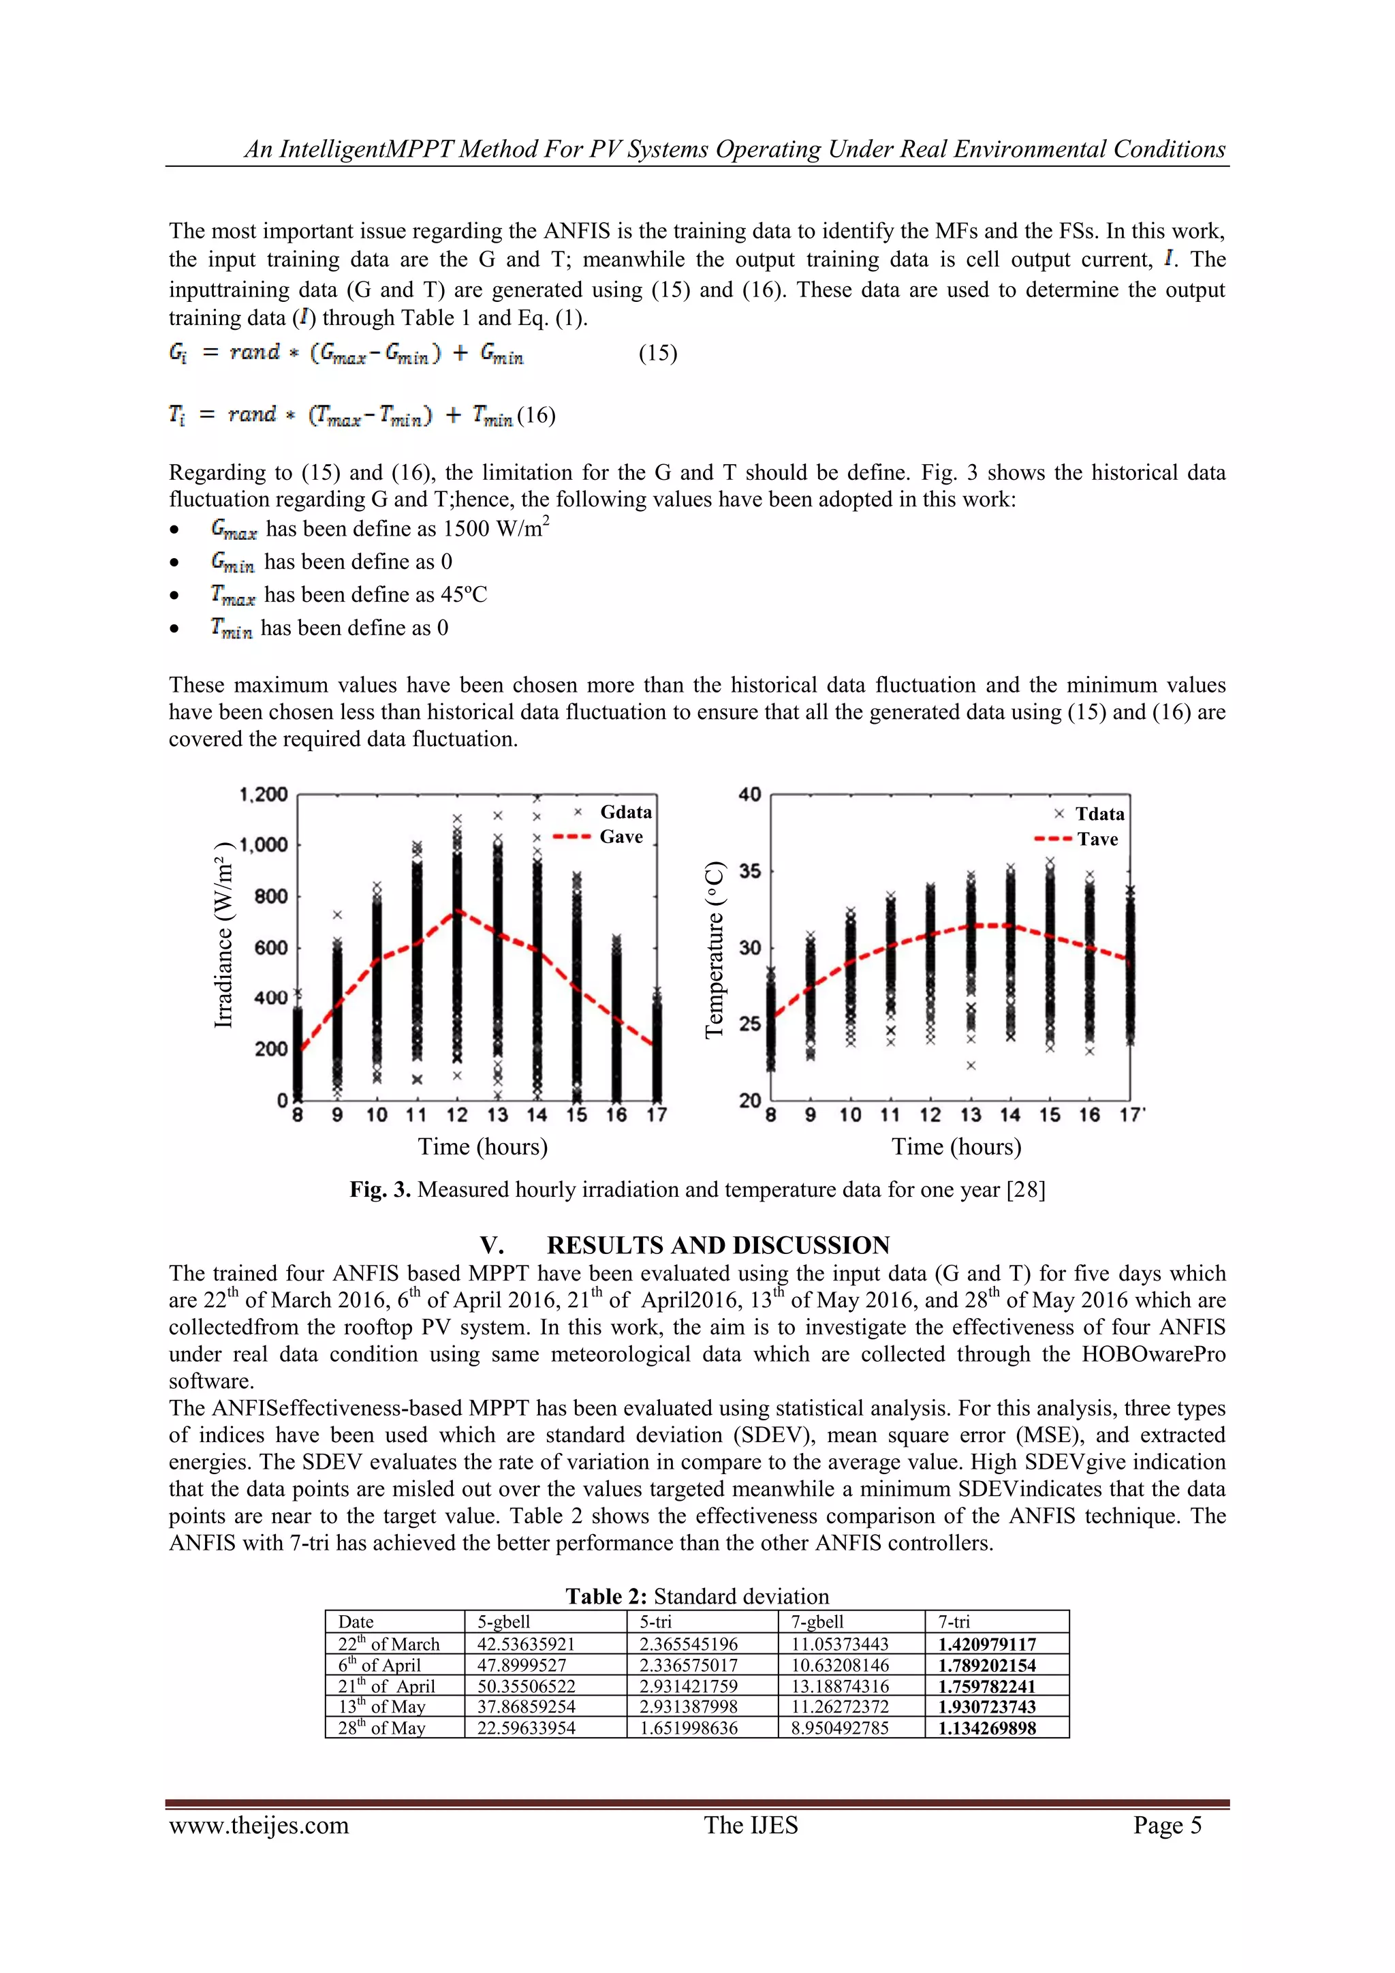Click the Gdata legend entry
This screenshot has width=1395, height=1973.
point(625,812)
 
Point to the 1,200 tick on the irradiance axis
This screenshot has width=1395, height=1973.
point(264,794)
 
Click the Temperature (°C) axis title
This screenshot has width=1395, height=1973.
point(715,949)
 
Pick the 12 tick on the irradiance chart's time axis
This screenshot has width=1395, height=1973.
point(457,1116)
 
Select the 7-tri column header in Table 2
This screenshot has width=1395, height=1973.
point(954,1621)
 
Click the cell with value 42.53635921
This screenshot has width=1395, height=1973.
point(526,1644)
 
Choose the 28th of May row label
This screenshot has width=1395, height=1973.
point(381,1728)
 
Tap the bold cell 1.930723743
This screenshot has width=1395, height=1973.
point(986,1707)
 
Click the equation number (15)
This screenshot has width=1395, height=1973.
point(657,353)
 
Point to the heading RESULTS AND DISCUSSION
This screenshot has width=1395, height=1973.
point(717,1245)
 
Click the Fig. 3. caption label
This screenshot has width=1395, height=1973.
point(379,1189)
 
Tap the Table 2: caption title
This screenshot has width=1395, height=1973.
point(606,1597)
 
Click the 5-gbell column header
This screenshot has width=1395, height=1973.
point(503,1621)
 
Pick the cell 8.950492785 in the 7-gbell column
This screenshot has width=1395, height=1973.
point(839,1728)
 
